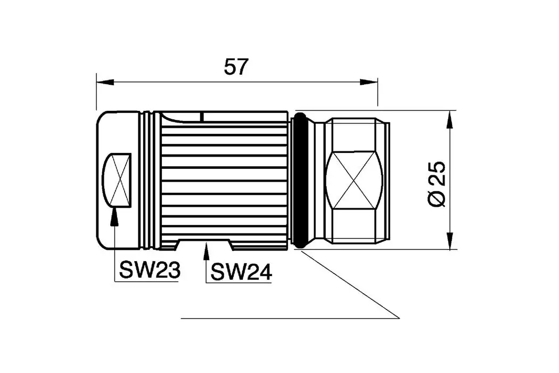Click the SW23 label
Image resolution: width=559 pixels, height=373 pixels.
[150, 271]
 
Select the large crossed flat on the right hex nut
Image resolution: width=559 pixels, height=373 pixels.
[354, 180]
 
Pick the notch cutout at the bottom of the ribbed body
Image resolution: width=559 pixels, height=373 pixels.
[204, 244]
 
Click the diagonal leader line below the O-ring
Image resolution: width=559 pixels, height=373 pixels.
[351, 285]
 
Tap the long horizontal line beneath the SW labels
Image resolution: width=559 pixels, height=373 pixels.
[290, 318]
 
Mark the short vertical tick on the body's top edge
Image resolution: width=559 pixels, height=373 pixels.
[202, 116]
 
